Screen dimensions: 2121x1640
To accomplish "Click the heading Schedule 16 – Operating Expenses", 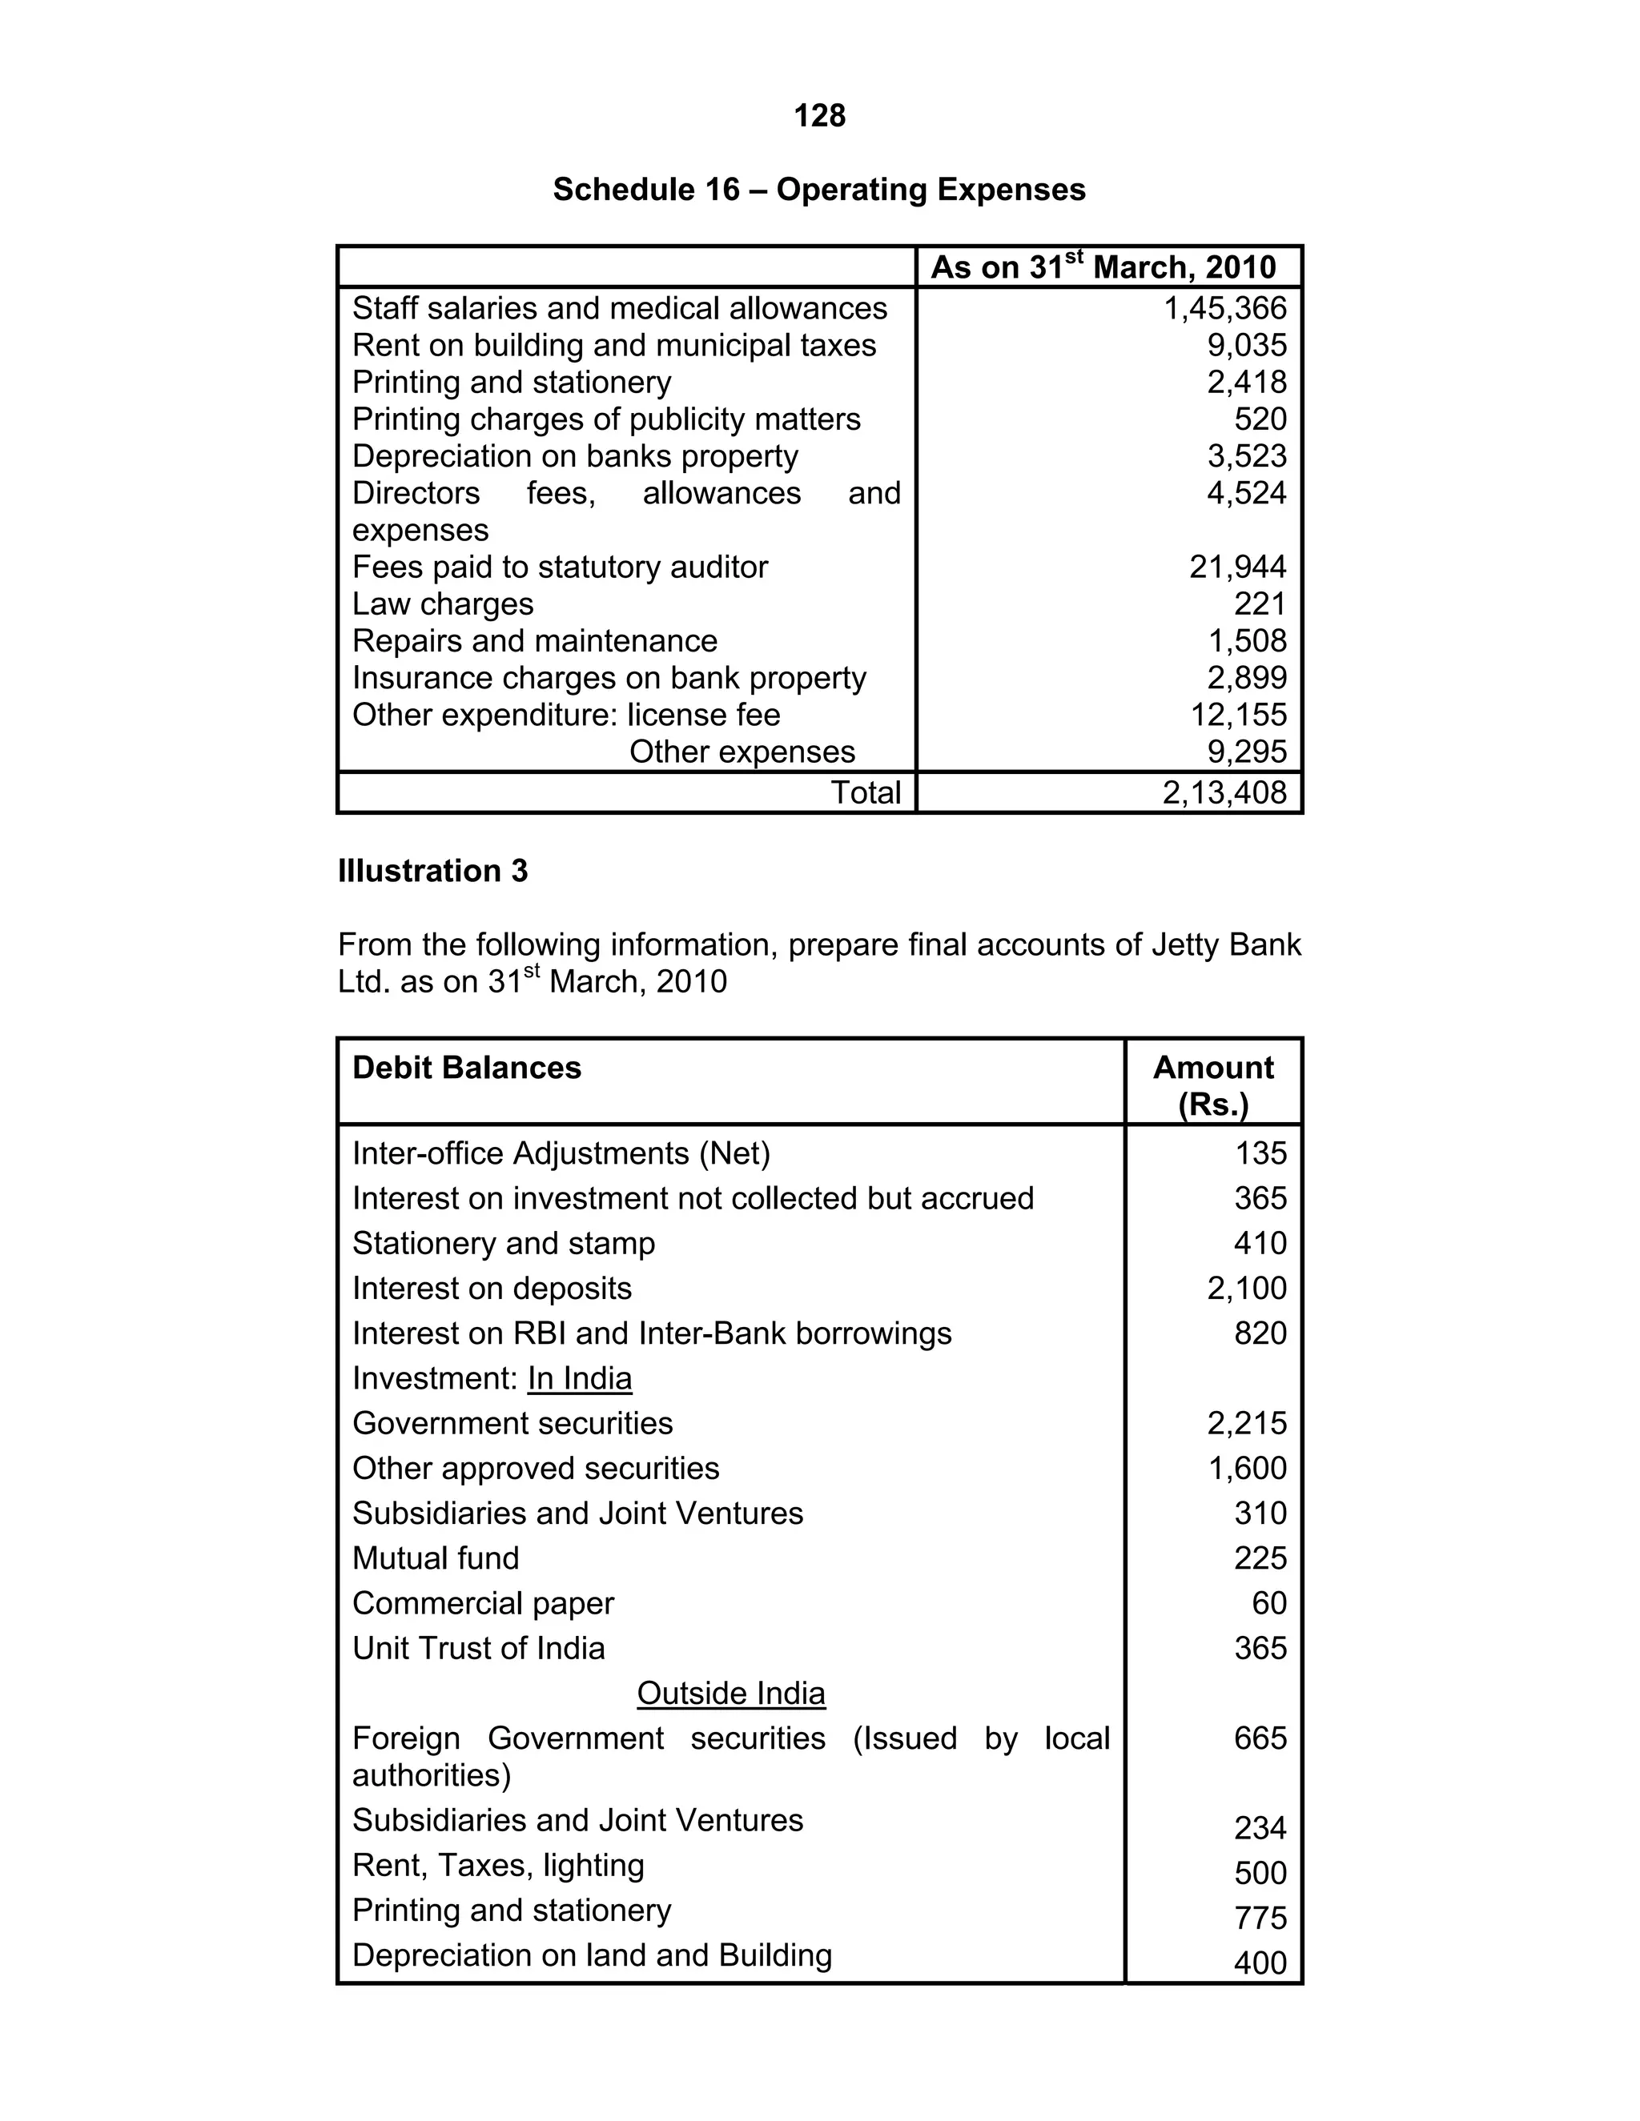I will pyautogui.click(x=819, y=190).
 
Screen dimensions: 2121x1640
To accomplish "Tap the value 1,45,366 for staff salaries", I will pyautogui.click(x=1224, y=309).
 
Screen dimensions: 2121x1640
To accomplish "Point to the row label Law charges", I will pyautogui.click(x=442, y=604).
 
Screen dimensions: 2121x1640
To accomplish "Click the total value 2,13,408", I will pyautogui.click(x=1224, y=792).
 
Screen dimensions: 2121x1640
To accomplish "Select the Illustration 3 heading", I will pyautogui.click(x=432, y=871).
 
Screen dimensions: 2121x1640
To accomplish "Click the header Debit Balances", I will pyautogui.click(x=466, y=1069).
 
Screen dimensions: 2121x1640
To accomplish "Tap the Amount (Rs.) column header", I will pyautogui.click(x=1212, y=1086).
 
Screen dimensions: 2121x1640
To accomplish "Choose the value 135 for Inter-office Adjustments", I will pyautogui.click(x=1260, y=1153).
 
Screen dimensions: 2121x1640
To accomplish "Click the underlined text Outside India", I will pyautogui.click(x=730, y=1693).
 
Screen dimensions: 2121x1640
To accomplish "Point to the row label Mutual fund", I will pyautogui.click(x=436, y=1558).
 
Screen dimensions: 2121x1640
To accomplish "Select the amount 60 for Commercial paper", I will pyautogui.click(x=1269, y=1602).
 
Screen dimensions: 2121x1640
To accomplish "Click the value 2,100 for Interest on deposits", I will pyautogui.click(x=1247, y=1289).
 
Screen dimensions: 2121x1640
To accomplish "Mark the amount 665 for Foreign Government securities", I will pyautogui.click(x=1260, y=1738).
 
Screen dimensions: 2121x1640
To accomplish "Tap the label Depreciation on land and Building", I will pyautogui.click(x=592, y=1955).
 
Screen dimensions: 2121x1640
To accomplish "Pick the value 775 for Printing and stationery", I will pyautogui.click(x=1260, y=1918).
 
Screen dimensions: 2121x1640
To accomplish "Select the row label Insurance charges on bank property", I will pyautogui.click(x=609, y=678).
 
